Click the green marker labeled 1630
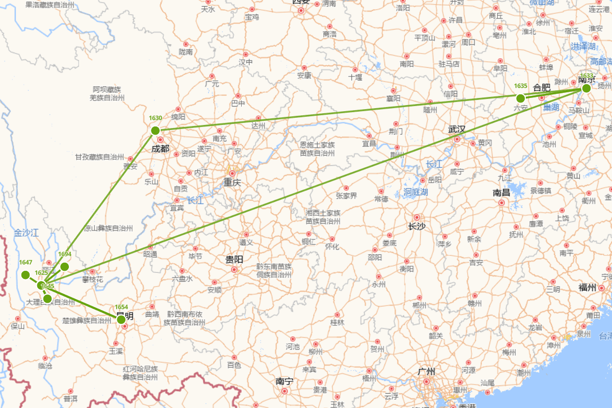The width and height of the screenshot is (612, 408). coord(156,131)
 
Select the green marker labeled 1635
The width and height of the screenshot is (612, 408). coord(520,98)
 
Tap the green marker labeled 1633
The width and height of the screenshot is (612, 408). coord(586,88)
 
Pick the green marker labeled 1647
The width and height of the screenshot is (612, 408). coord(25,275)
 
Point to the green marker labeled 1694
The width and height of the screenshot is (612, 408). coord(64,266)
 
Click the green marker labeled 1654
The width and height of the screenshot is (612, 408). coord(121,320)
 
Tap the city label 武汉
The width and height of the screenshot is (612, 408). coord(456,129)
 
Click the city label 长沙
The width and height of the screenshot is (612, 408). coord(417,226)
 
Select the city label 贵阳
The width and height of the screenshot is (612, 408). coord(234,260)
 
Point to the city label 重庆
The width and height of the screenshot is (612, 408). coord(232,182)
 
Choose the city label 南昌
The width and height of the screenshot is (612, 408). coord(501,193)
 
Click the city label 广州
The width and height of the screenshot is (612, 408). coord(426,371)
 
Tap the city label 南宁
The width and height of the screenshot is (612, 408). coord(284,381)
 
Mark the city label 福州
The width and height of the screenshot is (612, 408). coord(587,288)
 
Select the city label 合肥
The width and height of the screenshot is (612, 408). coord(542,88)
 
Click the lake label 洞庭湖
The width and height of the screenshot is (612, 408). coord(416,192)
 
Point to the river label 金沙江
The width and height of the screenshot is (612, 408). coord(27,233)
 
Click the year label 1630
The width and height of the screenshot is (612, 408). coord(156,118)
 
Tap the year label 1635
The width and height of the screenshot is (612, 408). coord(521,86)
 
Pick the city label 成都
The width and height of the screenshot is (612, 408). coord(160,149)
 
